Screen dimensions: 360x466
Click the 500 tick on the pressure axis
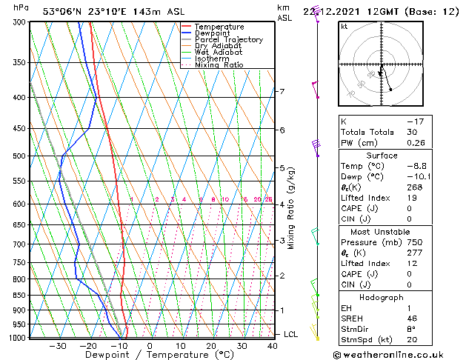point(20,156)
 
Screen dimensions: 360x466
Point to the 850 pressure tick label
point(20,296)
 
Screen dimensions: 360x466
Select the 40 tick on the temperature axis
point(273,345)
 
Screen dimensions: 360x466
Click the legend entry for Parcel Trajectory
point(228,39)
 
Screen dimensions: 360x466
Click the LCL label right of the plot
point(291,334)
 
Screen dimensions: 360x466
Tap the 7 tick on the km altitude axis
point(282,92)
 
